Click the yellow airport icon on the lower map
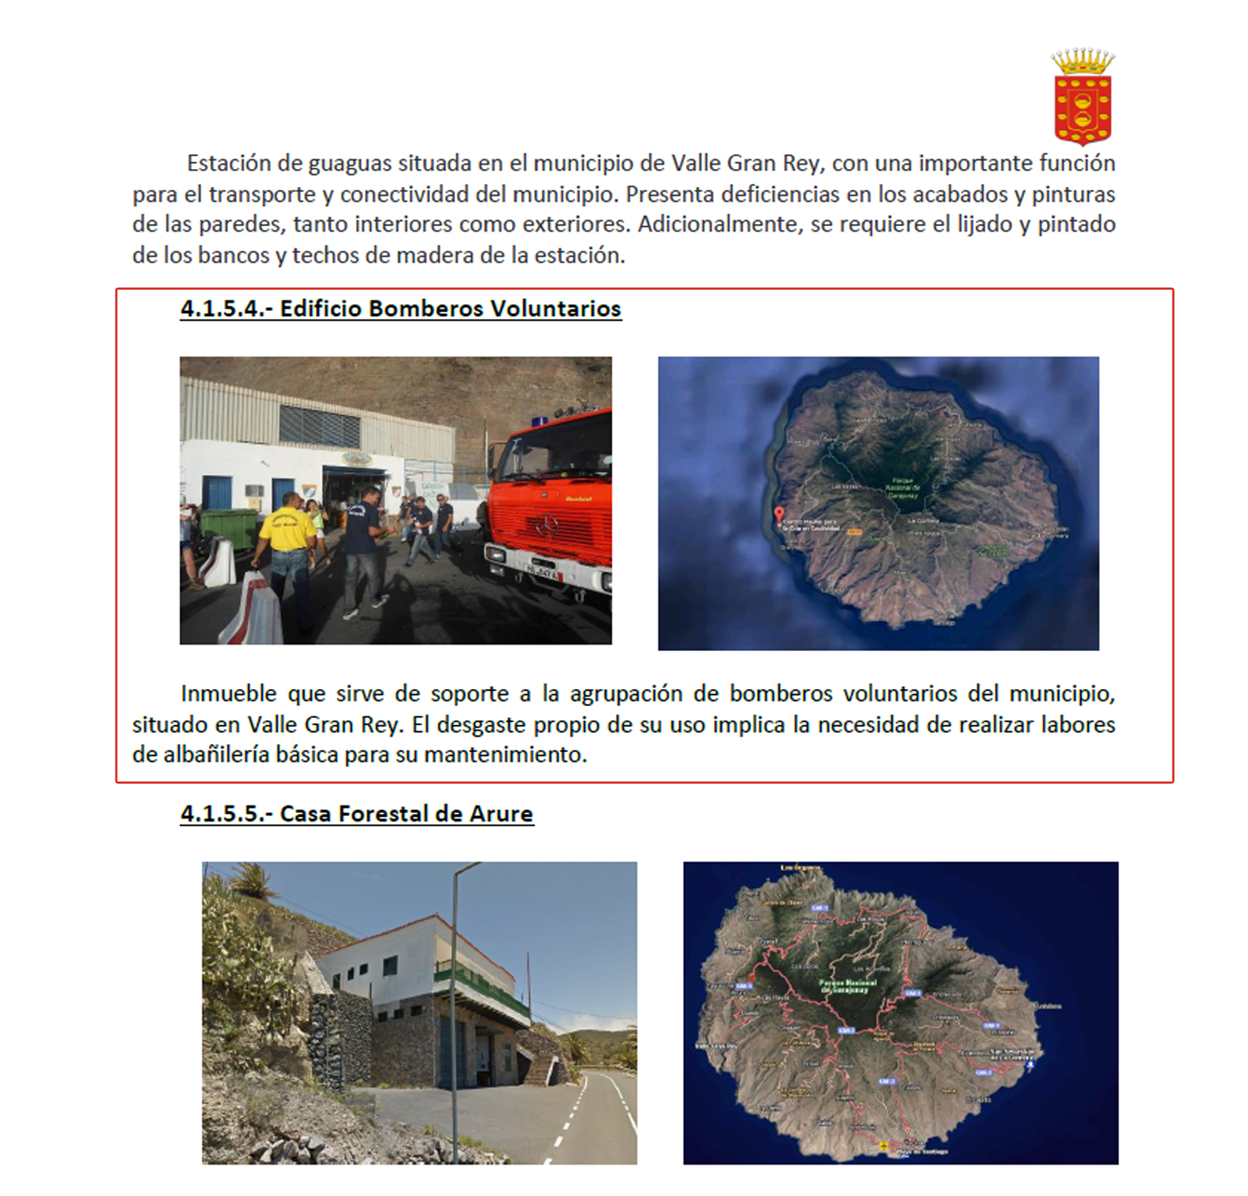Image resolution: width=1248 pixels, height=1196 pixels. pos(884,1145)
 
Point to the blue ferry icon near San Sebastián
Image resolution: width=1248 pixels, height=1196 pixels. pos(1029,1065)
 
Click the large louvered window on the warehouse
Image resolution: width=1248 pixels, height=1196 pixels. pos(319,426)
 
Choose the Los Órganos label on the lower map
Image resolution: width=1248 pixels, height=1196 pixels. pos(797,868)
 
